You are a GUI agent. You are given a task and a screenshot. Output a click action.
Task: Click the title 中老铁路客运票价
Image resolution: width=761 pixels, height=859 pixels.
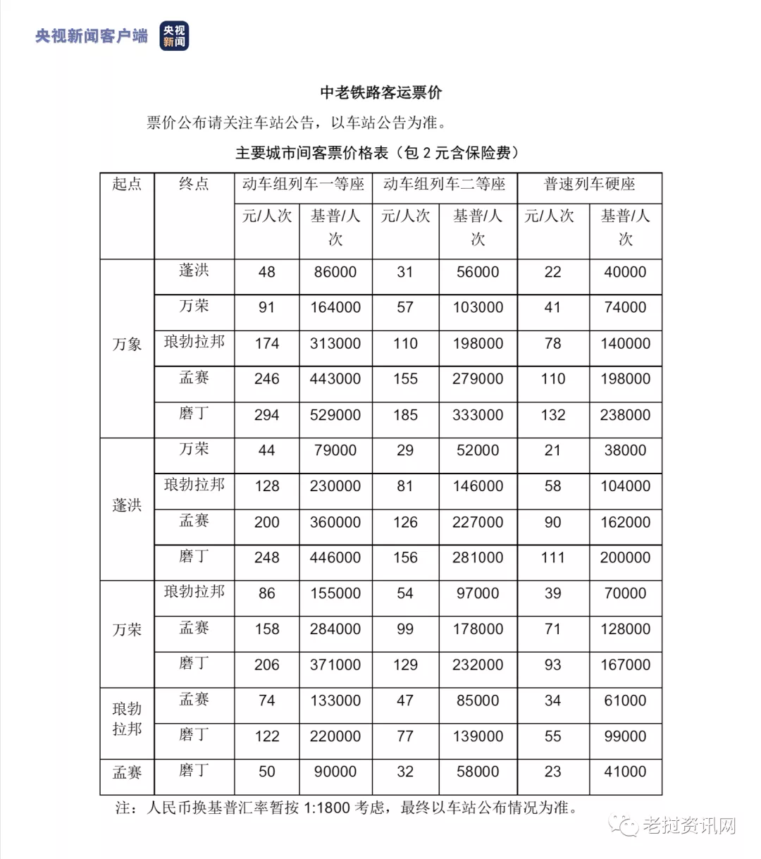380,92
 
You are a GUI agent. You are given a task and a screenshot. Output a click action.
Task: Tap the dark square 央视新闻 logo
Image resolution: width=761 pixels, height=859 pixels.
174,36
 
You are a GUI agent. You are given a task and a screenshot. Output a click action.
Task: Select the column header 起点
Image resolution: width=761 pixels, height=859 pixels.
127,184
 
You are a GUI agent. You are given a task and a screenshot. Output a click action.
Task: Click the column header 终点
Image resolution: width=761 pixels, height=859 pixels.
194,184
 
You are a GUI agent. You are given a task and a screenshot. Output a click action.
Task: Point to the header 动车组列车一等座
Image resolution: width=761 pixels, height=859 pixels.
303,184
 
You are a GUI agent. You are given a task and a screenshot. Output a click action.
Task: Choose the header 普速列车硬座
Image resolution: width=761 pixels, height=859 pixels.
590,184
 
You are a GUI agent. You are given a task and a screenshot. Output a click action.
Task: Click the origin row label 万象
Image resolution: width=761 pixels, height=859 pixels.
127,345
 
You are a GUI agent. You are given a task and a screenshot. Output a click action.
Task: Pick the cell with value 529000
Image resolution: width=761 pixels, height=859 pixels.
335,415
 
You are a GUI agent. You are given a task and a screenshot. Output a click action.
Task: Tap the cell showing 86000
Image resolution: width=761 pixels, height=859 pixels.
335,272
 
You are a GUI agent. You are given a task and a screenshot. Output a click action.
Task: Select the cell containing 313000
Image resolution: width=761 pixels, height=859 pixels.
335,344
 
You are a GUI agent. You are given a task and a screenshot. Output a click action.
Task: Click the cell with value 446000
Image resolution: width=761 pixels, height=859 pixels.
335,557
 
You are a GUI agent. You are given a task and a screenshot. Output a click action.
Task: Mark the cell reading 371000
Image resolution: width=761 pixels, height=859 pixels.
335,665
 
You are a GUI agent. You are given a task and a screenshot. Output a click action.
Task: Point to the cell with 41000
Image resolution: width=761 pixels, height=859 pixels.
625,772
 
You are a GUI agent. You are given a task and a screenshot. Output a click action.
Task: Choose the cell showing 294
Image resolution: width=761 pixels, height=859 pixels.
267,415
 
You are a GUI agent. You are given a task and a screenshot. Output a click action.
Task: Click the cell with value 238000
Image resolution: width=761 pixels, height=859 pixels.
625,415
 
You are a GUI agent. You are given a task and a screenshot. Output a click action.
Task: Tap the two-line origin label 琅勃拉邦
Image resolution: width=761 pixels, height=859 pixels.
127,719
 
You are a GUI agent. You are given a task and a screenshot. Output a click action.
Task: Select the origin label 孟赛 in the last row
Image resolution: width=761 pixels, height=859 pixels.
127,773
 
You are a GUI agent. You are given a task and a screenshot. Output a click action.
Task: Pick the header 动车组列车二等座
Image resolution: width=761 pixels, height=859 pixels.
445,184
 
